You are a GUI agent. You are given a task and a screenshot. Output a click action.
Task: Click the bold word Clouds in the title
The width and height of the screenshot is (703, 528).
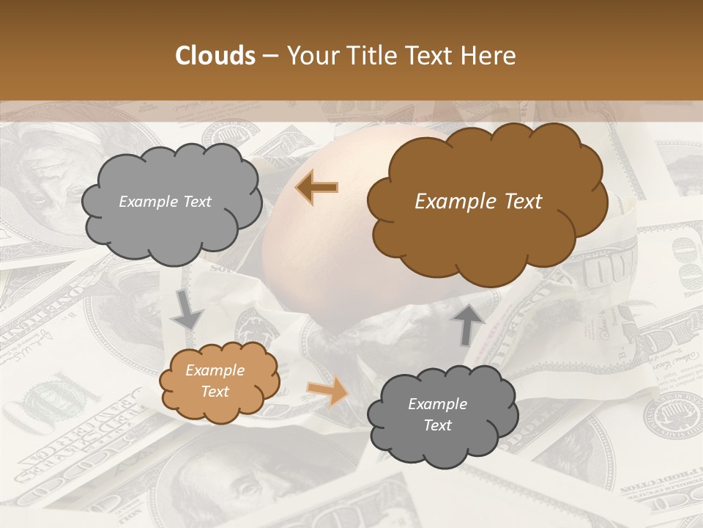pos(215,56)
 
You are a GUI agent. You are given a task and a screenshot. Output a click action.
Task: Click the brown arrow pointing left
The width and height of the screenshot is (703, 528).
pos(317,187)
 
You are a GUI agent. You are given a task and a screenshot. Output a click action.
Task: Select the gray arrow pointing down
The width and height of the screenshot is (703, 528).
pos(187,309)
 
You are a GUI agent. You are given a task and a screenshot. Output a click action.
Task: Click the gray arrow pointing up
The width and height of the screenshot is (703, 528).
pos(468,323)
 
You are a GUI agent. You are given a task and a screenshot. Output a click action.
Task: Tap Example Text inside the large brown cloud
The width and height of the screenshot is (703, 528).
pos(478,202)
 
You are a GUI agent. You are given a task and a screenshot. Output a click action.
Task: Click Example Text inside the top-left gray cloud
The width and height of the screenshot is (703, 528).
pos(165,202)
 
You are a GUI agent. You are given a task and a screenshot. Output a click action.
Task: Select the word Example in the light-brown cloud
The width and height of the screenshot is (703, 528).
pos(215,370)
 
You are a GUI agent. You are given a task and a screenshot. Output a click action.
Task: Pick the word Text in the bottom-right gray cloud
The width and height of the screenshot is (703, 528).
pos(437,425)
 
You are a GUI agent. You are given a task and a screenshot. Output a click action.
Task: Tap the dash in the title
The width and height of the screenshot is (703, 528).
pos(270,56)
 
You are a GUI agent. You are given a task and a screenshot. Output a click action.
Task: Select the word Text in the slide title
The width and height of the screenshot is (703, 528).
pos(430,56)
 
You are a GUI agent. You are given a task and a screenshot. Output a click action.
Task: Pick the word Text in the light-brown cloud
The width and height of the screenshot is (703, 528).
pos(215,392)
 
